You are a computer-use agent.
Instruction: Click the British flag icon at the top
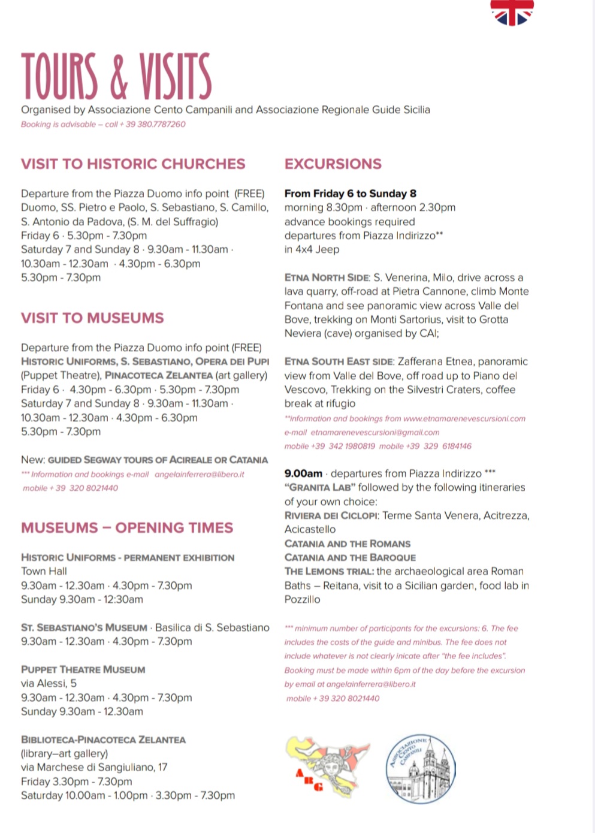512,12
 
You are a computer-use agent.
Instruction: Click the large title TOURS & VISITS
116,76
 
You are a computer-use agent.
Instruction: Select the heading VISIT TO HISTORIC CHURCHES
133,164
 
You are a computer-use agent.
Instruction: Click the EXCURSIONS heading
333,164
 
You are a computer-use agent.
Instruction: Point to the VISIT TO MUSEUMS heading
92,318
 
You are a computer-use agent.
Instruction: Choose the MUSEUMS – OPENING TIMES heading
127,527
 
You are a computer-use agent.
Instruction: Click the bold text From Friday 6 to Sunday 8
350,194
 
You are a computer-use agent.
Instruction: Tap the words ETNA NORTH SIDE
327,277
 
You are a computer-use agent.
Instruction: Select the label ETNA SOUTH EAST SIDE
339,361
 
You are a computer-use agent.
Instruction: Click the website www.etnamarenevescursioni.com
464,418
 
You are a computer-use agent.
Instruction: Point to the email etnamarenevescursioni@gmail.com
374,432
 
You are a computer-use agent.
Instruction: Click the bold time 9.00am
303,473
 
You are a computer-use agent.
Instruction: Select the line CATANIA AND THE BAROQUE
350,557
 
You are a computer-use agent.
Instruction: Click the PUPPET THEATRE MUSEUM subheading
83,669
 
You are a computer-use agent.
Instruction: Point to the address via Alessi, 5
49,683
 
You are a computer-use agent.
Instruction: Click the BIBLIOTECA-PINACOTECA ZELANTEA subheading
103,740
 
